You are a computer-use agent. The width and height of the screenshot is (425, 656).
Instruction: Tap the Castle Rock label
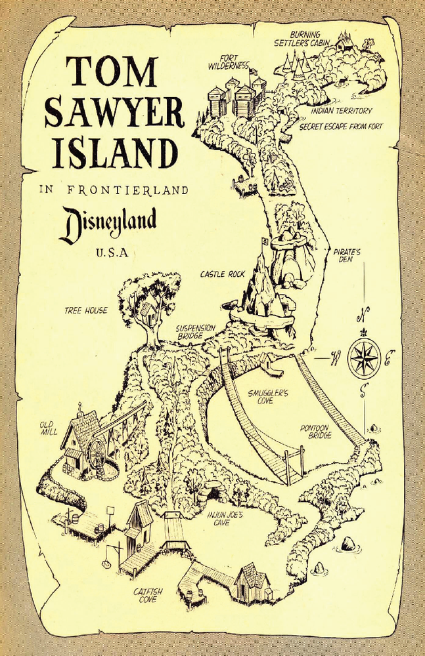click(222, 274)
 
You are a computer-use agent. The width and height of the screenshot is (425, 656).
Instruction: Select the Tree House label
click(85, 310)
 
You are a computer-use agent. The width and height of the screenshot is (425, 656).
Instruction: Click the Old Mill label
click(49, 428)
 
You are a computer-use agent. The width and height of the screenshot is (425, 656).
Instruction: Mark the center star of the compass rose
click(363, 358)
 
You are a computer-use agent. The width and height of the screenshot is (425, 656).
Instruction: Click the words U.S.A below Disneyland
click(110, 253)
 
